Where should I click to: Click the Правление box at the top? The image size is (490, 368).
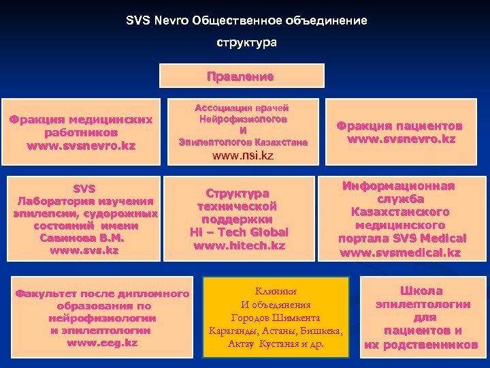click(240, 76)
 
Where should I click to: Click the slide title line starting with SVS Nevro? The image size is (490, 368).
click(246, 20)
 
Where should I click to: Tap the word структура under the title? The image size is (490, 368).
click(246, 42)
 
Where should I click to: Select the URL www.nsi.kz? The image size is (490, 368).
click(243, 155)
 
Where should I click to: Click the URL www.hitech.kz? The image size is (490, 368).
click(239, 245)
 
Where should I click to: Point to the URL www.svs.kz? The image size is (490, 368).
click(84, 250)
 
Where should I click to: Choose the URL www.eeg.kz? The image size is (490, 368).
click(102, 343)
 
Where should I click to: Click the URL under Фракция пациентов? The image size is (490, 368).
click(402, 139)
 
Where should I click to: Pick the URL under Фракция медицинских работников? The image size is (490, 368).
click(81, 145)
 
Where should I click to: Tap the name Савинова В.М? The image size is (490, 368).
click(84, 238)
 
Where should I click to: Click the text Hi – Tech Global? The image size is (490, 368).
click(239, 232)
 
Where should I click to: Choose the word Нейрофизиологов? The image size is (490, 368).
click(243, 119)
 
